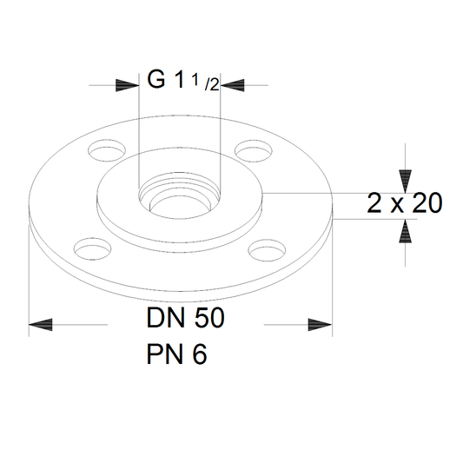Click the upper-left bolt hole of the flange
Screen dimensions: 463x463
click(x=107, y=150)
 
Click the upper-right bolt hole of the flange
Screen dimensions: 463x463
click(x=254, y=151)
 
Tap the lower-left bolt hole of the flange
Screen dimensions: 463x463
click(x=93, y=249)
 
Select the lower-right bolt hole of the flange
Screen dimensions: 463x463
click(x=267, y=250)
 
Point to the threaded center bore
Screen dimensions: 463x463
click(x=180, y=195)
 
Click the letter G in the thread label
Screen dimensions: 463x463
click(x=155, y=79)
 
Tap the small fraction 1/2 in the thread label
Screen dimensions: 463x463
click(x=206, y=83)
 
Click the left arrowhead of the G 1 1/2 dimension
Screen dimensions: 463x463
click(x=128, y=85)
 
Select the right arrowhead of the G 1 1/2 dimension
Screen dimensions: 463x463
click(x=233, y=85)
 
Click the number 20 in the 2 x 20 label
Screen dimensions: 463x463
click(x=427, y=203)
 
